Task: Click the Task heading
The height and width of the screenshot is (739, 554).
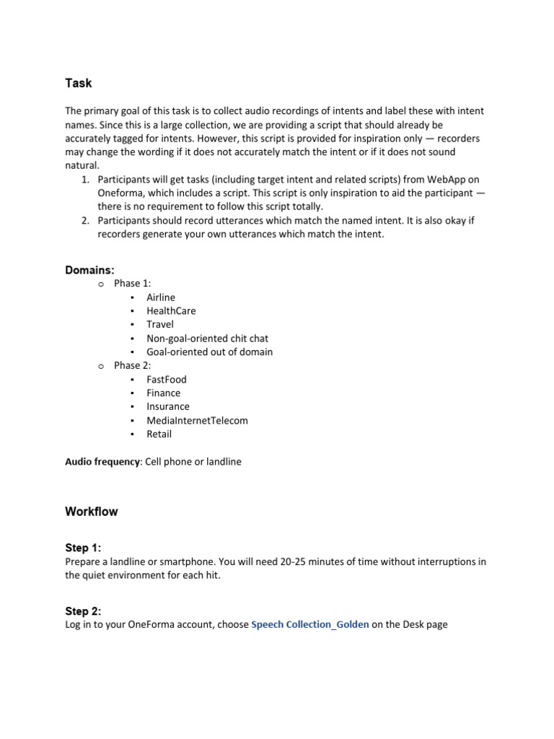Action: click(79, 83)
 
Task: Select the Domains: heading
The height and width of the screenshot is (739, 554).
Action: click(89, 269)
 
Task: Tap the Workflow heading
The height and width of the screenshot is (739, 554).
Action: click(92, 512)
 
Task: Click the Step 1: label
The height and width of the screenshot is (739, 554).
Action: click(83, 548)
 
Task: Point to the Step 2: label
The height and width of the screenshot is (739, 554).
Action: click(83, 611)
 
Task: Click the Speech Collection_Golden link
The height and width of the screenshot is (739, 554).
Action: click(309, 624)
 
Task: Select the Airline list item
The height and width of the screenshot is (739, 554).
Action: click(160, 297)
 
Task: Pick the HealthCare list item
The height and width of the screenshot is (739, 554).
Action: click(171, 311)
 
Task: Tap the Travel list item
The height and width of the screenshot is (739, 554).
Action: click(160, 325)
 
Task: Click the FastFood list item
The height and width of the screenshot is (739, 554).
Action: click(167, 380)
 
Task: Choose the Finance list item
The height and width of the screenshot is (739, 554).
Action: click(164, 393)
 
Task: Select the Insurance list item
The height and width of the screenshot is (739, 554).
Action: click(168, 407)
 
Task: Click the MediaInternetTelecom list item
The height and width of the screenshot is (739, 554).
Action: click(197, 421)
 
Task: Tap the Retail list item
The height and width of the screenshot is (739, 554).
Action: click(159, 434)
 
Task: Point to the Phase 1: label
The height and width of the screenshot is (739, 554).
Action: click(133, 284)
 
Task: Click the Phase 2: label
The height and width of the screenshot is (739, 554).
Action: click(133, 366)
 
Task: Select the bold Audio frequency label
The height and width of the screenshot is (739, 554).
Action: click(102, 462)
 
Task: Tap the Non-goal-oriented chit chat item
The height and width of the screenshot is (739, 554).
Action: click(207, 338)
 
